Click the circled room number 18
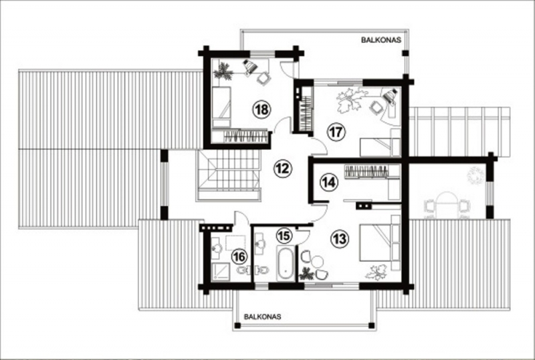tap(261, 110)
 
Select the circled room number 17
tap(336, 132)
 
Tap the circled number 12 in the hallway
tap(282, 169)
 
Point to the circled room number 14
tap(328, 183)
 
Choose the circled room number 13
tap(340, 239)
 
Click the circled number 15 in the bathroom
tap(284, 236)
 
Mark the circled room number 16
tap(239, 256)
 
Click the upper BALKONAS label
tap(381, 40)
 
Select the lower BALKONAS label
tap(262, 317)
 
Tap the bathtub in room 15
tap(286, 264)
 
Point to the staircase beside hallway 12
tap(229, 175)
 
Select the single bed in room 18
tap(221, 107)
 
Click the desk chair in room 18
tap(263, 78)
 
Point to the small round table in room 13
tap(318, 261)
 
